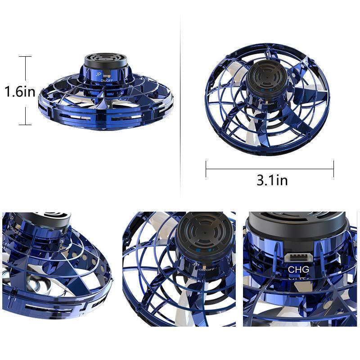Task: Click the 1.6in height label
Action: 20,92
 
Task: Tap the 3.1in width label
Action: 272,180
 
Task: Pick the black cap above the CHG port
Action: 297,223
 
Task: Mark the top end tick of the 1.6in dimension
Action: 25,56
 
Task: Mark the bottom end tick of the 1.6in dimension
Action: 25,125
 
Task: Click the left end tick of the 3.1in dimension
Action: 206,169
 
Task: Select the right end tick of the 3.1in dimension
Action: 333,169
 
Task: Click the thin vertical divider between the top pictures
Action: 180,103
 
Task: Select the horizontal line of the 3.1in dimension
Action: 270,169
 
